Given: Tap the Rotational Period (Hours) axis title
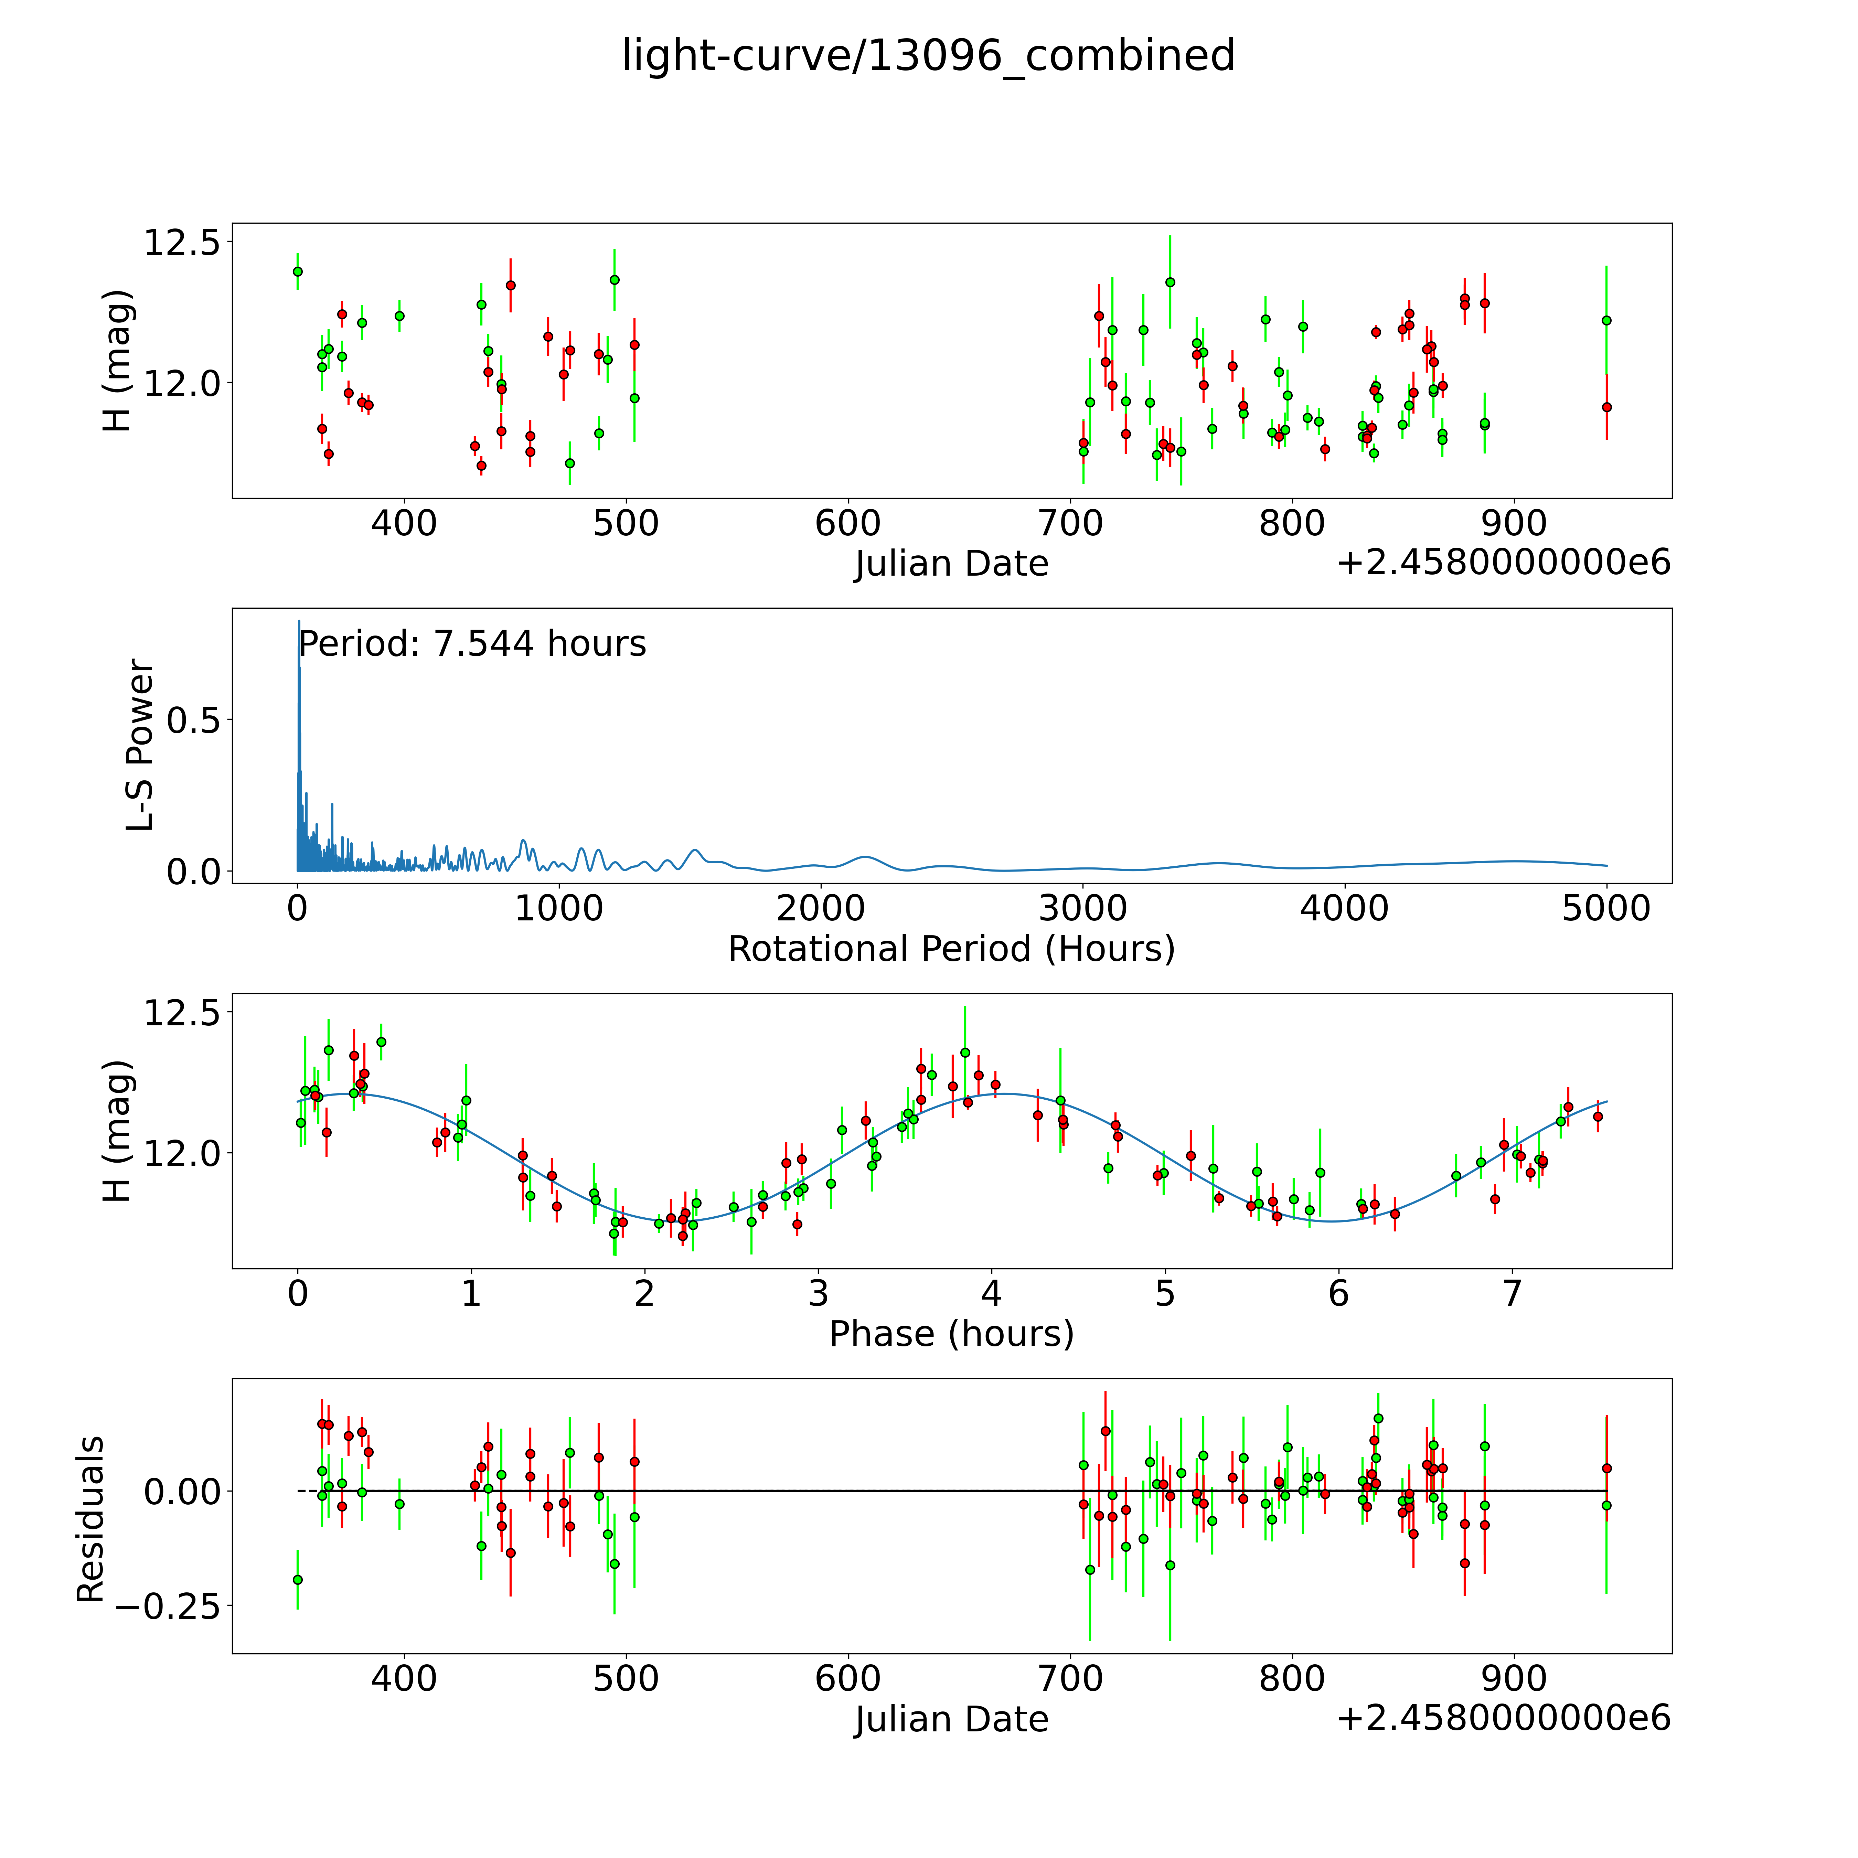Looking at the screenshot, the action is point(951,949).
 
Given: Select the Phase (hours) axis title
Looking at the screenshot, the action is point(951,1334).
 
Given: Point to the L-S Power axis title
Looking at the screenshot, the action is point(140,745).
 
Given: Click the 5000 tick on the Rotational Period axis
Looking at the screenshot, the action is point(1606,909).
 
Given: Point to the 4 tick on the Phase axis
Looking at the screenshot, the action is point(992,1293).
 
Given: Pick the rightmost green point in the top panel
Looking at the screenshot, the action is point(1606,320).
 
